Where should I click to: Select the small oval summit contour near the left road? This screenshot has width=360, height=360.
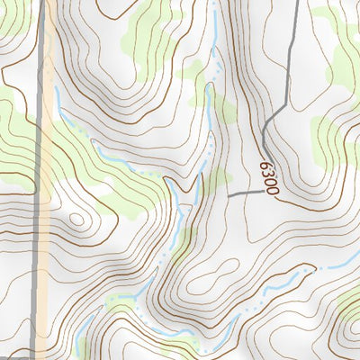(x=76, y=218)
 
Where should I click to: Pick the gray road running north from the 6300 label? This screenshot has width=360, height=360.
(x=287, y=72)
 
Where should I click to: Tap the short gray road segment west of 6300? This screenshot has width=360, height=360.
(x=243, y=194)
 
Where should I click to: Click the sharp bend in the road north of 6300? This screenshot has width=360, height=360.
(x=263, y=135)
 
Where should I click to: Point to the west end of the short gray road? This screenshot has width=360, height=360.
(x=229, y=195)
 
